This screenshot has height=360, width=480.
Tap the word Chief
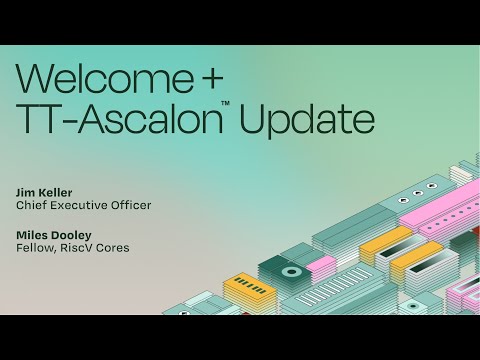click(x=32, y=205)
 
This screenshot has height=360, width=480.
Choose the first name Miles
click(x=32, y=234)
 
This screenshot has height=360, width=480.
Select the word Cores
click(x=115, y=248)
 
